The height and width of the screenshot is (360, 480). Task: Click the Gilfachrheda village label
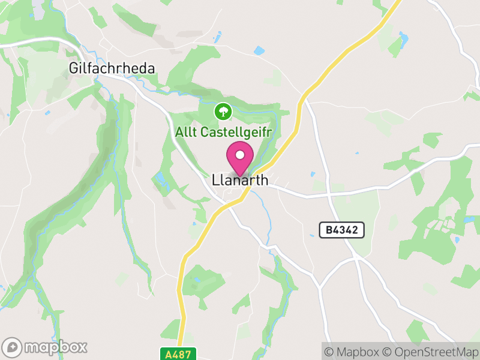pyautogui.click(x=112, y=68)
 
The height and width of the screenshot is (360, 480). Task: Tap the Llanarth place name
pyautogui.click(x=239, y=180)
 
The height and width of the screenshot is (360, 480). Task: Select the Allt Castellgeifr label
pyautogui.click(x=223, y=132)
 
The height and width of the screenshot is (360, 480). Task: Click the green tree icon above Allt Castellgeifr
pyautogui.click(x=223, y=111)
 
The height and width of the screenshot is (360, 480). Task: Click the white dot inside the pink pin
pyautogui.click(x=240, y=155)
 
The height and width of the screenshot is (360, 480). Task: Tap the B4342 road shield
pyautogui.click(x=341, y=230)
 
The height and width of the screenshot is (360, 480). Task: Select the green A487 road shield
pyautogui.click(x=179, y=354)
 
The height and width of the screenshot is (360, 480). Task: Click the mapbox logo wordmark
pyautogui.click(x=55, y=347)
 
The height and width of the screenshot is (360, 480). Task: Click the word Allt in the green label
pyautogui.click(x=185, y=132)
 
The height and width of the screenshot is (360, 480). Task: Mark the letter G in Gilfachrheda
pyautogui.click(x=74, y=68)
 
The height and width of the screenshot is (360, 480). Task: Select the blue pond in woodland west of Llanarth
pyautogui.click(x=161, y=179)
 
